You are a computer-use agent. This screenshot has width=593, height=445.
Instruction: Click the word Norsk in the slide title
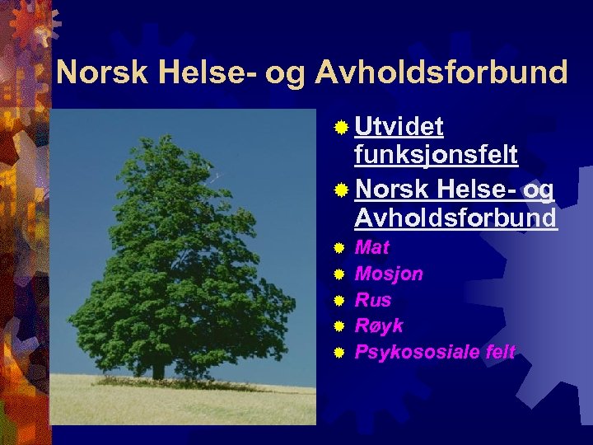(x=101, y=73)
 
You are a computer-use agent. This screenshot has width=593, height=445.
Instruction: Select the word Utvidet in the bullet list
(x=399, y=126)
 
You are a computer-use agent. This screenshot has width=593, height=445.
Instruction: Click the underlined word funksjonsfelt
(x=436, y=154)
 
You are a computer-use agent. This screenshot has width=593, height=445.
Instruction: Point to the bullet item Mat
(x=371, y=247)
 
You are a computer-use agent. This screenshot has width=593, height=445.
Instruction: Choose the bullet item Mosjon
(x=388, y=274)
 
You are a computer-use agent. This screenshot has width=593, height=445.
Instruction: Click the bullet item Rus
(x=373, y=300)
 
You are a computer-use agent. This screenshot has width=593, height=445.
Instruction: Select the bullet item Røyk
(x=378, y=326)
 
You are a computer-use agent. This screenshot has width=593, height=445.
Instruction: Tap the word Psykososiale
(x=417, y=353)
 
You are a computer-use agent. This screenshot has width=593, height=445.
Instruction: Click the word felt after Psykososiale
(x=500, y=353)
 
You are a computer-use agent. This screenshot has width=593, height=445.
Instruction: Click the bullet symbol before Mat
(x=339, y=248)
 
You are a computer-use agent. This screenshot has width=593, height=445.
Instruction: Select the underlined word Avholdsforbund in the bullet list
(x=455, y=218)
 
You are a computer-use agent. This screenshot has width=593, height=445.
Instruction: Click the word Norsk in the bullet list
(x=391, y=190)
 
